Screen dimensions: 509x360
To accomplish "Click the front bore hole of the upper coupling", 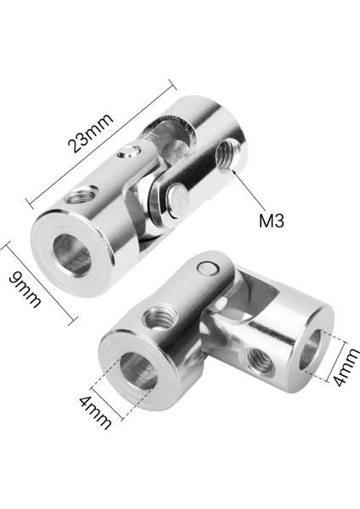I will (72, 253).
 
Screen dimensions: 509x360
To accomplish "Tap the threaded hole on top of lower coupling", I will (158, 317).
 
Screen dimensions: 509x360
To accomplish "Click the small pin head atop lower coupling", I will (205, 270).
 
